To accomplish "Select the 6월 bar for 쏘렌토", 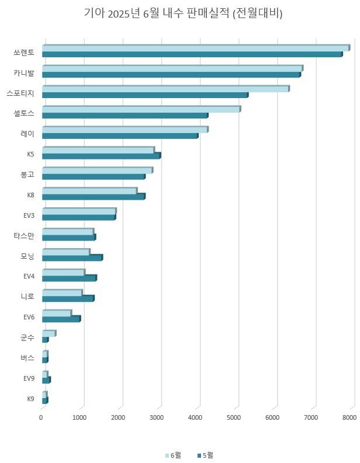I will coord(195,48).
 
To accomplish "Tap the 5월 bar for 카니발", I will coord(171,75).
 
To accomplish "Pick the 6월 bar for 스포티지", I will coord(165,89).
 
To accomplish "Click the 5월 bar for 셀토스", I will coord(124,116).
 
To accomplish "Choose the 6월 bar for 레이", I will coord(124,130).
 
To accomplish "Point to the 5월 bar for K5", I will coord(101,156).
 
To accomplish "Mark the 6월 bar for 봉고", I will coord(97,170).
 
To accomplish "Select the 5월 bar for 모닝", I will coord(72,257).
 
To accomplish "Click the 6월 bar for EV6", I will coord(57,314).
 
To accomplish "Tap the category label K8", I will coord(30,195).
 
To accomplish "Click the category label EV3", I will coord(29,215).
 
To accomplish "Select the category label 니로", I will coord(27,297).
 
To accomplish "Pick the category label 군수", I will coord(27,337).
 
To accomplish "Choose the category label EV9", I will coord(29,378).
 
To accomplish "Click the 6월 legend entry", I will coord(174,455).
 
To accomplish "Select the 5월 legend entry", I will coord(206,455).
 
